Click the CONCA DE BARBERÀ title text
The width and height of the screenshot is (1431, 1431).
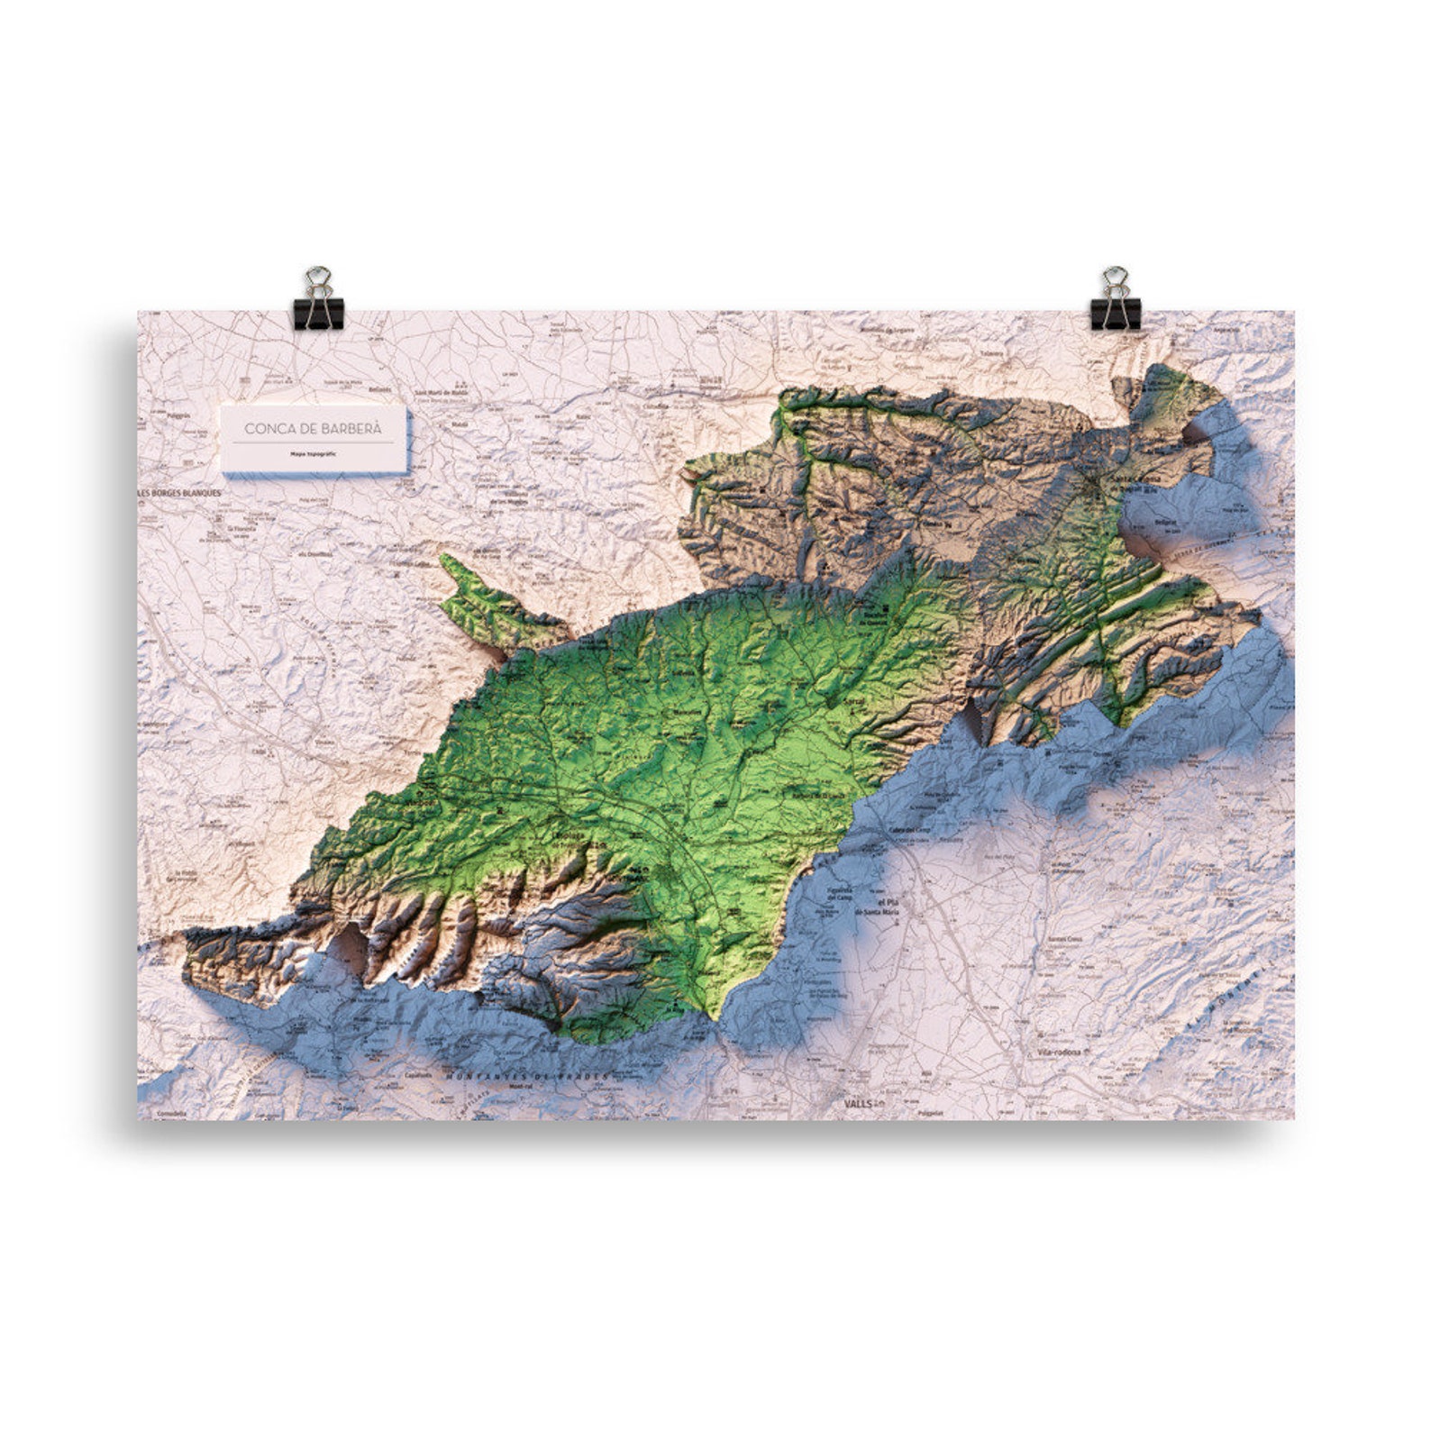[x=313, y=429]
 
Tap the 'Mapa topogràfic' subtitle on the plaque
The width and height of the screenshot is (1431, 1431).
[x=313, y=454]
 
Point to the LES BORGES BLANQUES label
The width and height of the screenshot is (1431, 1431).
[x=179, y=494]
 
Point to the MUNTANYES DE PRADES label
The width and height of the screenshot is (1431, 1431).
[x=527, y=1076]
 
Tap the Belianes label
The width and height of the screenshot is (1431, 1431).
[x=379, y=389]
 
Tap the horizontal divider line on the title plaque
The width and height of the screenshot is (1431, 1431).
[x=313, y=443]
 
